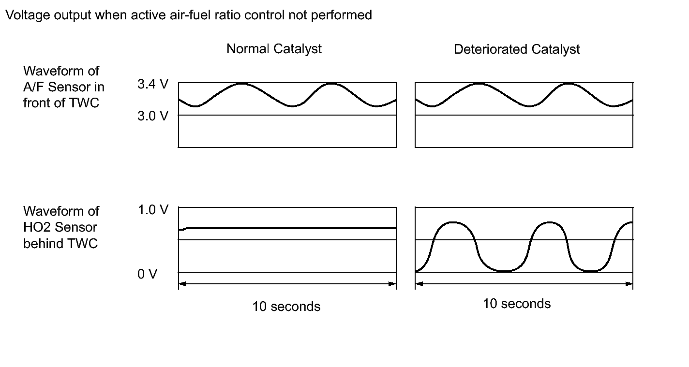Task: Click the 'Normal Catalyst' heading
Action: tap(274, 49)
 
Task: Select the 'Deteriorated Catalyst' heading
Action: tap(517, 49)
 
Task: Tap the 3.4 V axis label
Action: tap(153, 84)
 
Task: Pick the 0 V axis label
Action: tap(147, 274)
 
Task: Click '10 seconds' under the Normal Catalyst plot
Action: tap(286, 307)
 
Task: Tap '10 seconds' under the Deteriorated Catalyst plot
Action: tap(517, 304)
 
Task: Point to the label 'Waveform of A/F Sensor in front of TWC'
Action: tap(63, 87)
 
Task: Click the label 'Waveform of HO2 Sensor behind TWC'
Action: tap(61, 227)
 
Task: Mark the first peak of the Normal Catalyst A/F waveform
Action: tap(241, 84)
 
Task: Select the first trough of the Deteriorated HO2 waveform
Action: tap(503, 271)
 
